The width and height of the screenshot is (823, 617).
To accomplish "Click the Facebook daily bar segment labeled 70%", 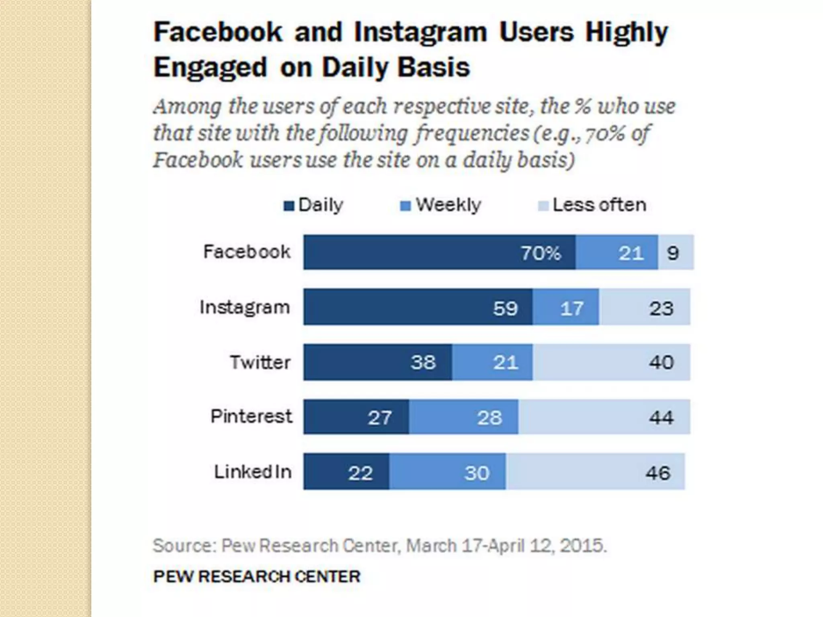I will [x=439, y=252].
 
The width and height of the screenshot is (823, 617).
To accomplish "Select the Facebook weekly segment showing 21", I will [x=616, y=252].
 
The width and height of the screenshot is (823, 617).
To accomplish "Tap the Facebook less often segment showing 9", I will [x=676, y=252].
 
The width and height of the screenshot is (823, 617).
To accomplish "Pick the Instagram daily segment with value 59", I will [x=418, y=307].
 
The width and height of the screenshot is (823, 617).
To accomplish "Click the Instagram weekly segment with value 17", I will [x=565, y=307].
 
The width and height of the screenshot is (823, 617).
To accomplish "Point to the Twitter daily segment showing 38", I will [x=377, y=362].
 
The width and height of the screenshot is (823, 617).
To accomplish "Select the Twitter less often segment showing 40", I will [x=611, y=362].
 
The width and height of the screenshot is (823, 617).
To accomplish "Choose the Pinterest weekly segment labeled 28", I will [x=463, y=417].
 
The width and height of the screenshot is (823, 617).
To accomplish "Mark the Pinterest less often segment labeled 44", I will [x=604, y=417].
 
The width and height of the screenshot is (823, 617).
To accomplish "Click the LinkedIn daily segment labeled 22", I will [x=346, y=472].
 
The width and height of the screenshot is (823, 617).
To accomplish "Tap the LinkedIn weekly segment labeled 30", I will [x=447, y=472].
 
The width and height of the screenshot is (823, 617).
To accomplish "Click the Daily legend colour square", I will [x=289, y=206].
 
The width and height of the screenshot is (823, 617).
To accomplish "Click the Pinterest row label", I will [x=251, y=416].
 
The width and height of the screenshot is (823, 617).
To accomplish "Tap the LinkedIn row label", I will [x=253, y=472].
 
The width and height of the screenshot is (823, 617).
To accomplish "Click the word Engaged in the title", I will [x=210, y=67].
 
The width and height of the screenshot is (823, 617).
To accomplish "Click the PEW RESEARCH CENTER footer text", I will [x=257, y=576].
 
